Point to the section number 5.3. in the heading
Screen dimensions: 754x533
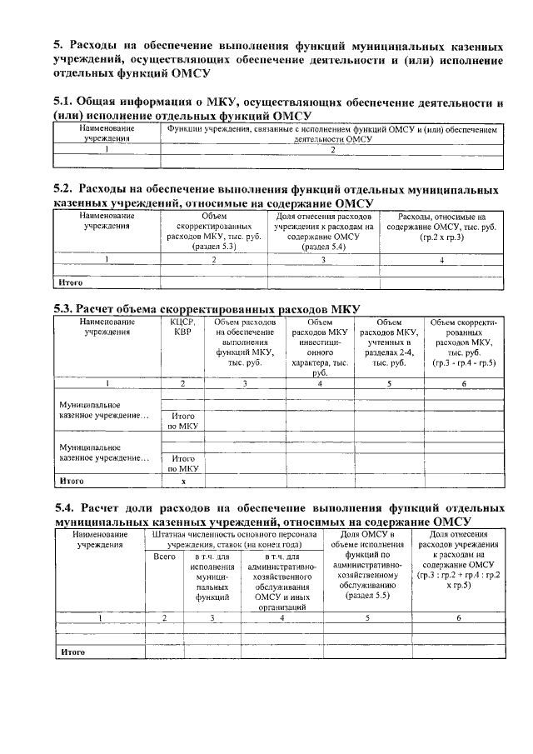click(x=66, y=308)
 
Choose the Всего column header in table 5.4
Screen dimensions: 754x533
click(x=164, y=557)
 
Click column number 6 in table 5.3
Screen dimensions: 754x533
click(x=464, y=383)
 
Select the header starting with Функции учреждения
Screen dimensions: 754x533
click(x=331, y=135)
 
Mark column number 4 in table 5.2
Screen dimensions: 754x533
click(x=441, y=261)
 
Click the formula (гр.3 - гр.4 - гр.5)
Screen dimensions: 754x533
click(x=464, y=363)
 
